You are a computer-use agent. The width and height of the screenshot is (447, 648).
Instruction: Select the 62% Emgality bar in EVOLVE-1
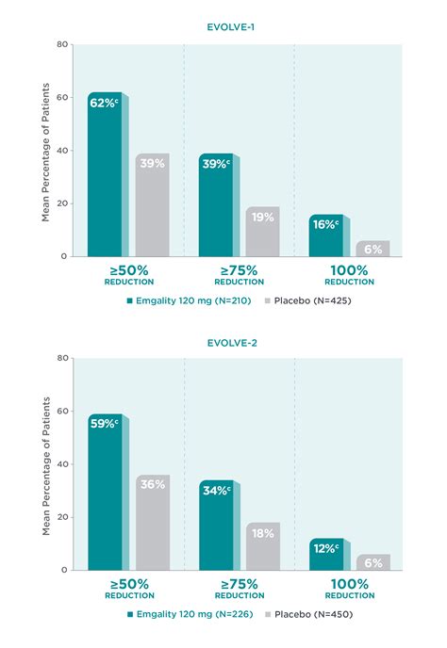pyautogui.click(x=105, y=174)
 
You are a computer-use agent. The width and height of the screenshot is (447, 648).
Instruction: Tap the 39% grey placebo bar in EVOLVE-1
pyautogui.click(x=152, y=204)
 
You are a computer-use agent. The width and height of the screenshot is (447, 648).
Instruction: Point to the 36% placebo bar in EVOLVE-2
pyautogui.click(x=152, y=522)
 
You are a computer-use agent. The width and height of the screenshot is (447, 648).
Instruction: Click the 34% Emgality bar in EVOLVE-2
pyautogui.click(x=215, y=525)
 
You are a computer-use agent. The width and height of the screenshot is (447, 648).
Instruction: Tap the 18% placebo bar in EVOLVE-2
pyautogui.click(x=262, y=546)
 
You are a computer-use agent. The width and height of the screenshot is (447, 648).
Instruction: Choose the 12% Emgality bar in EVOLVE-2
pyautogui.click(x=325, y=554)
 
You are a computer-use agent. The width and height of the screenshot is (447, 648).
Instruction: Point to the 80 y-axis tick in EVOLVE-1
pyautogui.click(x=62, y=44)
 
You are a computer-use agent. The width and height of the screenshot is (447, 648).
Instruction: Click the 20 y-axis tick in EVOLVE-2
pyautogui.click(x=62, y=517)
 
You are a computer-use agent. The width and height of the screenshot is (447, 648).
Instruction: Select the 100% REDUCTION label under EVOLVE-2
pyautogui.click(x=349, y=589)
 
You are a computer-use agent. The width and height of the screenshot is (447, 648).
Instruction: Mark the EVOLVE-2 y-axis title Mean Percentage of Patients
pyautogui.click(x=45, y=464)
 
